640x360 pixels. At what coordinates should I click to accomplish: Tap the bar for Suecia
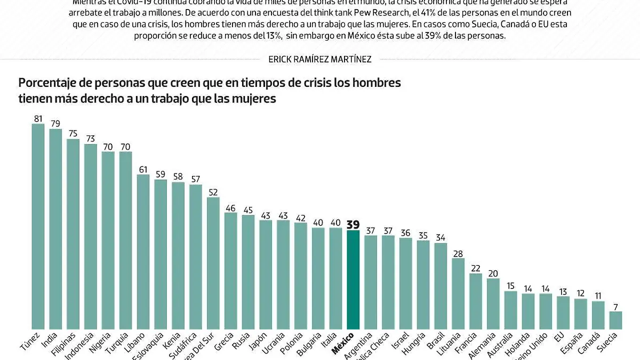(615, 320)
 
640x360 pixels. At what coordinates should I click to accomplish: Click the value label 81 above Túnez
(38, 118)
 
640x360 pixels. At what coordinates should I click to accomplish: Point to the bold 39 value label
(353, 224)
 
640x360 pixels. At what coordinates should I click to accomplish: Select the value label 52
(213, 192)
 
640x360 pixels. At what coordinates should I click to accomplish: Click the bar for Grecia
(230, 270)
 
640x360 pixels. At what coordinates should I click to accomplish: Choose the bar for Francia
(476, 301)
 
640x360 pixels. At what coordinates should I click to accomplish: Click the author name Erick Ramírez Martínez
(320, 60)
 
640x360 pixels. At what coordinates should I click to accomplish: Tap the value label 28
(458, 253)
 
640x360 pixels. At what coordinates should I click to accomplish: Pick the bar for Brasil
(441, 286)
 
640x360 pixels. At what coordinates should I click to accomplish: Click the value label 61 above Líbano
(143, 170)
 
